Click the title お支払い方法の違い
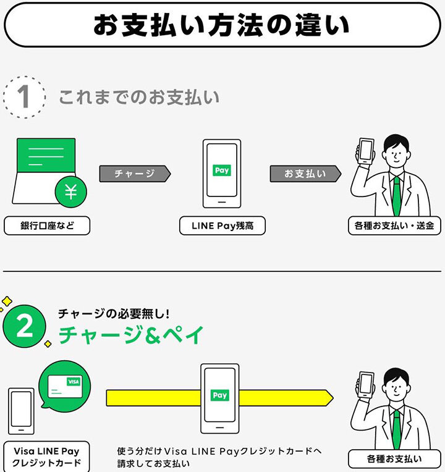pos(222,25)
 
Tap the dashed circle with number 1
pos(25,77)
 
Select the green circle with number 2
pos(24,326)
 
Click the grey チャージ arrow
pos(135,174)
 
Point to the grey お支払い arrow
pos(305,174)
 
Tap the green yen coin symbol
pos(70,192)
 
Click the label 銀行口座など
pos(47,225)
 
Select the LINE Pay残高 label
pos(222,225)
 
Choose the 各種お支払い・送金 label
pos(394,225)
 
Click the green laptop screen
pos(46,156)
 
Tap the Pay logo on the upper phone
pos(222,171)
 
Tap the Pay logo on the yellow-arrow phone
pos(220,395)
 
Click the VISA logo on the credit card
pos(74,382)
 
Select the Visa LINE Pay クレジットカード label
pos(47,457)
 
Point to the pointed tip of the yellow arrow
pos(333,398)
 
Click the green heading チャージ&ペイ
pos(131,335)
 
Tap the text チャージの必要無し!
pos(114,314)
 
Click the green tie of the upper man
pos(397,196)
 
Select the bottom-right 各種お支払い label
pos(394,459)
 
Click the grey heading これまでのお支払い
pos(139,97)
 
